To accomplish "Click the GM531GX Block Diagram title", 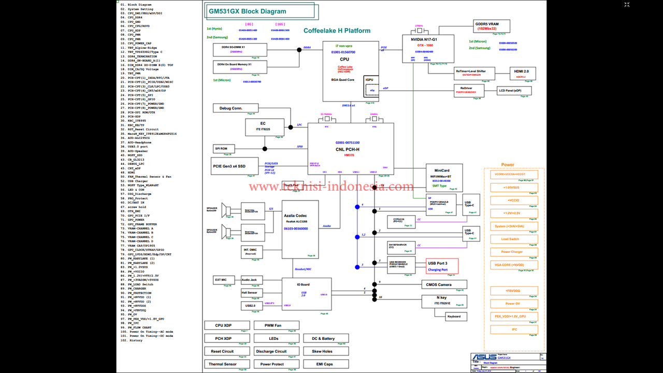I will tap(254, 11).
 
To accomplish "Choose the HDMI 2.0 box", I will tap(522, 73).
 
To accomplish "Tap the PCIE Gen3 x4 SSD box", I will tap(228, 166).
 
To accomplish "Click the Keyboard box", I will tap(454, 316).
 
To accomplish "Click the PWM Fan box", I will tap(272, 325).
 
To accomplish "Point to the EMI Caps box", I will tap(325, 364).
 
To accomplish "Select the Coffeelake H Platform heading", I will tap(337, 31).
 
